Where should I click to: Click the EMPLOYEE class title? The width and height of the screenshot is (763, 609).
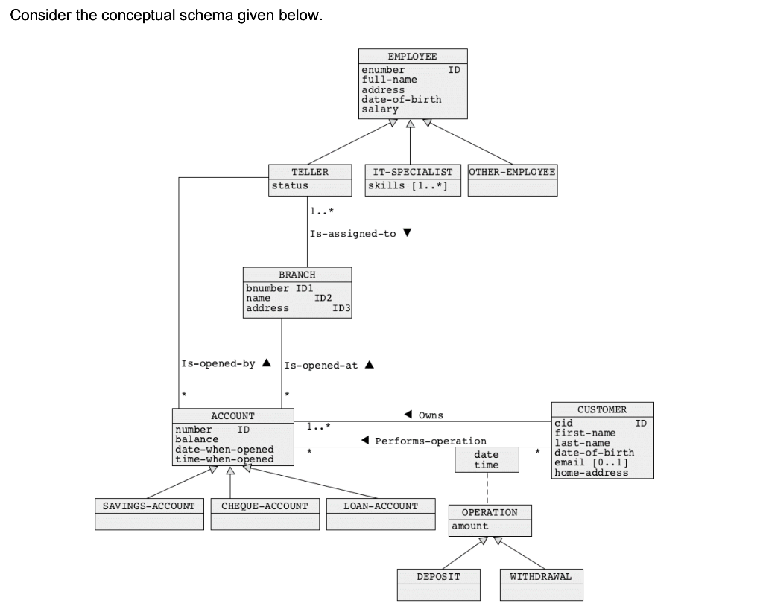413,57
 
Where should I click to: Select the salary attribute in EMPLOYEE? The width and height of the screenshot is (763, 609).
380,109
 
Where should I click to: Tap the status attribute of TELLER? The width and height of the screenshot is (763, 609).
290,185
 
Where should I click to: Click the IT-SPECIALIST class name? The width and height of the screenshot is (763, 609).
413,172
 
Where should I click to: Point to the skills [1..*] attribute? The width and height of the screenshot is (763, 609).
407,185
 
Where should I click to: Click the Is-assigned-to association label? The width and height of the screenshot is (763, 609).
353,234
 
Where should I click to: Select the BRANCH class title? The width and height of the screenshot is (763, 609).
297,275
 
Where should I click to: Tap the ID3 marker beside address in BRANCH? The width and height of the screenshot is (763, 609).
341,308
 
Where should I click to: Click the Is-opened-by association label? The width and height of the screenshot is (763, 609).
218,364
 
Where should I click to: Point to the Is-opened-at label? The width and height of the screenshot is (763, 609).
321,365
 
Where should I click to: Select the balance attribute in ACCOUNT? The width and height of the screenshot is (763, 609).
197,439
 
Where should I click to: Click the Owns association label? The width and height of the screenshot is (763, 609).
431,415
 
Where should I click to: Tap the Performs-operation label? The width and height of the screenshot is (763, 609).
430,441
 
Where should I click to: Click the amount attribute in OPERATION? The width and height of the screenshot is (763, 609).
470,526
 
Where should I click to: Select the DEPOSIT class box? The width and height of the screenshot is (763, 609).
438,584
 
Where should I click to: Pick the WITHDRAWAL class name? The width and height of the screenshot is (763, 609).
541,576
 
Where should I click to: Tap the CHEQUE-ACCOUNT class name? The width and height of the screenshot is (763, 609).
265,506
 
